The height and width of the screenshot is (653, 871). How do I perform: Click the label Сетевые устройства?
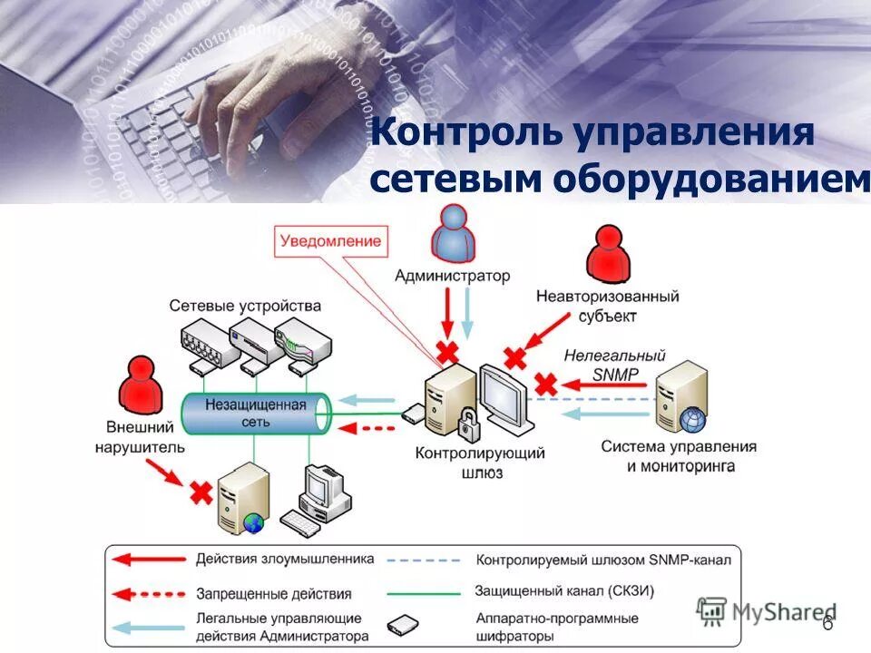pos(245,306)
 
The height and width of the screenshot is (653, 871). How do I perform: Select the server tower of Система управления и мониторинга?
pos(683,397)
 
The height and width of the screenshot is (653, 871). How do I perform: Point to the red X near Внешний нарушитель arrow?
pos(200,492)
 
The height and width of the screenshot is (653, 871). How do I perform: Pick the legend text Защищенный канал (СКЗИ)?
pos(564,590)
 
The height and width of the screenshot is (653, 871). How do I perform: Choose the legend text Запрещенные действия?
pos(274,594)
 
